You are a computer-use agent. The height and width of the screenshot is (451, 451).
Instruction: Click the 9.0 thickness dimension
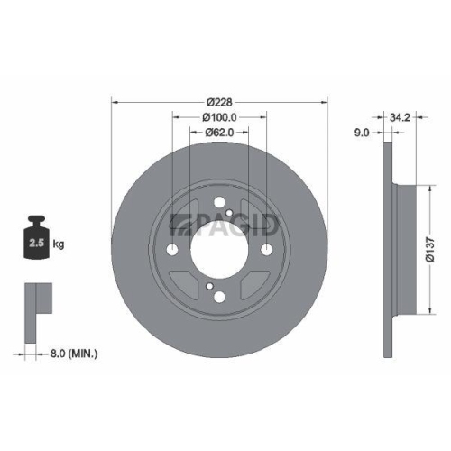click(362, 133)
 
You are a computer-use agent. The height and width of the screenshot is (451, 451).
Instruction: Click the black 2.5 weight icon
click(38, 240)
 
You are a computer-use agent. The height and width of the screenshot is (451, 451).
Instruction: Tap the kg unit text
click(60, 244)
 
